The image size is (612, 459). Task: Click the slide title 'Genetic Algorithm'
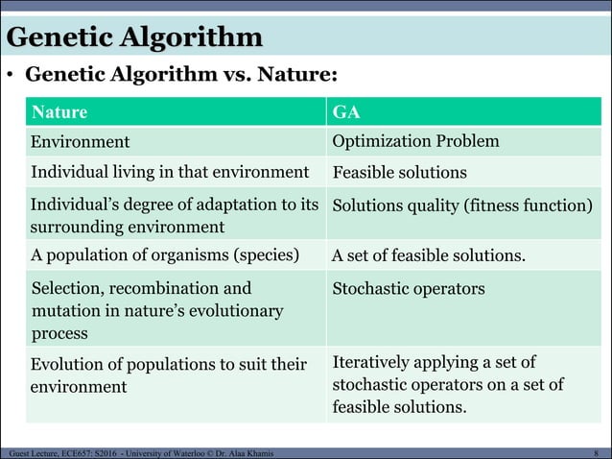click(x=134, y=37)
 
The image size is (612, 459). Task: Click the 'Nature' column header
click(x=59, y=112)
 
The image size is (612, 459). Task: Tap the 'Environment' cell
click(x=81, y=142)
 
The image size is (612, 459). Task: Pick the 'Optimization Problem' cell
click(x=415, y=142)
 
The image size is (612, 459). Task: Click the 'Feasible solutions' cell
click(x=399, y=173)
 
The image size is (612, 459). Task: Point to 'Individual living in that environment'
click(x=170, y=173)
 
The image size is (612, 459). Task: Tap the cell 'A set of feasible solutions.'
click(x=428, y=256)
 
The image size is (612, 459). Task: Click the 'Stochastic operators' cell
click(x=409, y=289)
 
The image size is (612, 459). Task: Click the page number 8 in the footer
click(x=597, y=451)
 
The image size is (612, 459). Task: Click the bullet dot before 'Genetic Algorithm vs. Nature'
click(x=11, y=75)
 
